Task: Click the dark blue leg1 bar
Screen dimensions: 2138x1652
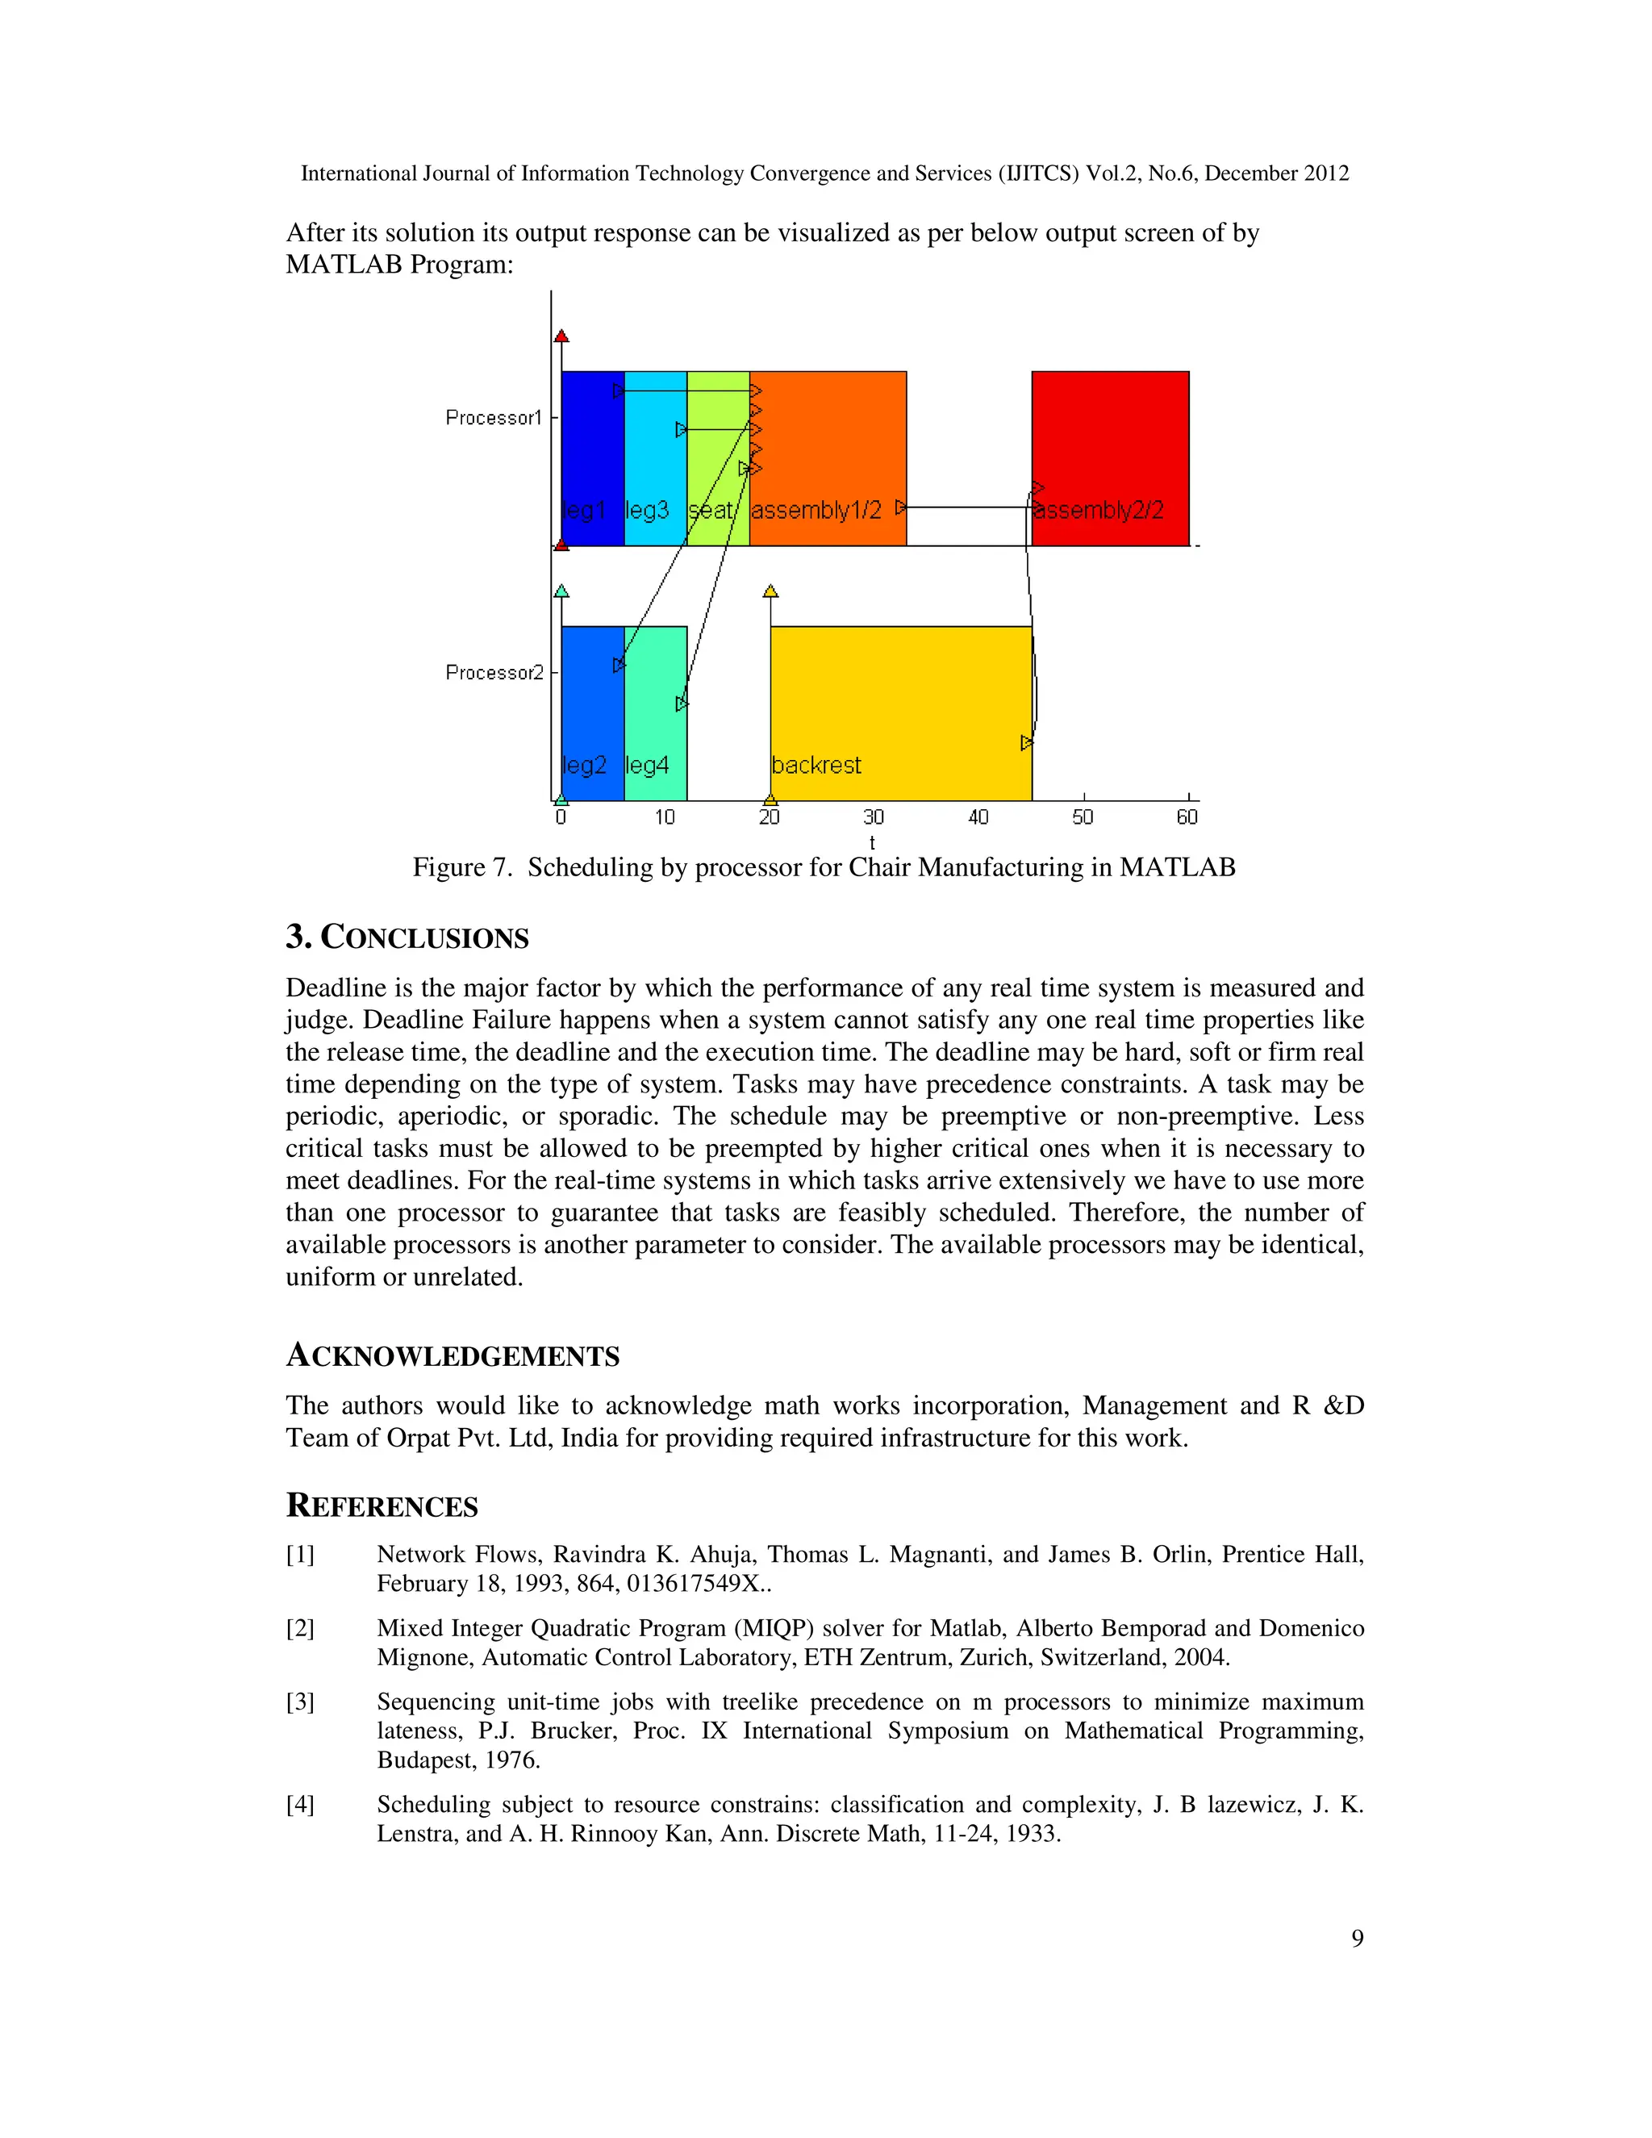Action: click(x=592, y=450)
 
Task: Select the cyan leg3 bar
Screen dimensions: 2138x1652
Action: click(x=655, y=460)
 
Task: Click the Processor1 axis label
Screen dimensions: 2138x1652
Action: click(x=493, y=418)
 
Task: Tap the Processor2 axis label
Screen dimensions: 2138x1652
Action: click(x=493, y=673)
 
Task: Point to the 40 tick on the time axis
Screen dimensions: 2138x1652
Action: click(x=978, y=817)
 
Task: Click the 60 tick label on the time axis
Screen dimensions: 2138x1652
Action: click(x=1186, y=817)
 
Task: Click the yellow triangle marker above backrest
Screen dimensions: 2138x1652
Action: click(x=770, y=591)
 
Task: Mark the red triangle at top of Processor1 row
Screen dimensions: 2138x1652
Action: click(x=561, y=336)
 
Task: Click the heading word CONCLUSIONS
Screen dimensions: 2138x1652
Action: click(x=425, y=937)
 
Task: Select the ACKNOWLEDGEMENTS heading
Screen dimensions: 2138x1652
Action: click(x=453, y=1356)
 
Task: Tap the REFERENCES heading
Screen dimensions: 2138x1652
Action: click(x=382, y=1505)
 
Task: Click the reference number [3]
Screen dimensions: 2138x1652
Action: click(x=300, y=1702)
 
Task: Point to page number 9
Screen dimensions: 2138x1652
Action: click(x=1357, y=1938)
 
